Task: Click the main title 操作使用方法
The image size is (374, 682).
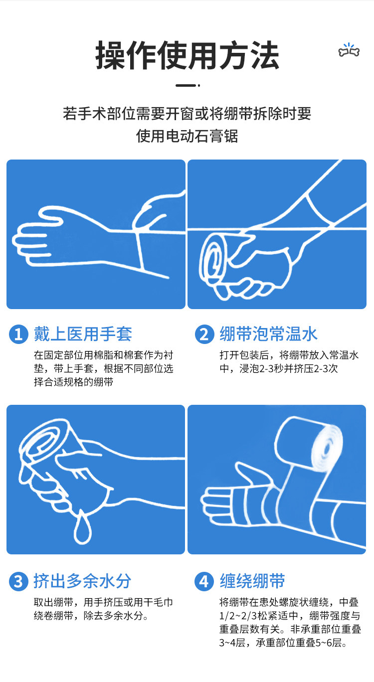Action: point(187,55)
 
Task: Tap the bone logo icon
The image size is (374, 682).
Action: point(349,50)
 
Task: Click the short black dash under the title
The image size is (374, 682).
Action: point(187,86)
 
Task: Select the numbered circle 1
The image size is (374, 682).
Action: point(18,334)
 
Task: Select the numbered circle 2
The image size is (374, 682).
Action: point(204,334)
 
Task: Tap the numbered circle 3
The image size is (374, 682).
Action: point(18,581)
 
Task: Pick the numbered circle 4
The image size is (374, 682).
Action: point(204,581)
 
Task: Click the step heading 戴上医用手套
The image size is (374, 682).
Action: point(83,334)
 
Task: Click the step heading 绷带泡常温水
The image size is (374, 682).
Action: point(269,334)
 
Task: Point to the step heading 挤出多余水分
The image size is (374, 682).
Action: point(83,581)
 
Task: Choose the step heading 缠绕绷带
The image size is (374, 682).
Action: point(252,581)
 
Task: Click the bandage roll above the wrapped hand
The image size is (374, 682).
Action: point(309,442)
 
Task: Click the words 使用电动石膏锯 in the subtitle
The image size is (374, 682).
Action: point(187,136)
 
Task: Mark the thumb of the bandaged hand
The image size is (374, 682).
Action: point(250,474)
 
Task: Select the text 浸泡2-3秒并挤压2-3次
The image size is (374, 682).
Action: point(289,368)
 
